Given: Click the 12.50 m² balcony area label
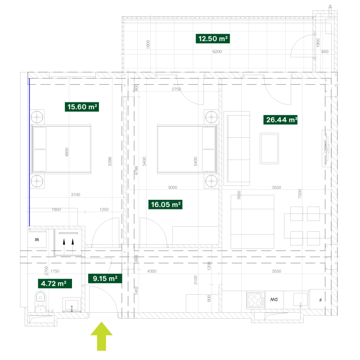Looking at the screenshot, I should click(x=213, y=39).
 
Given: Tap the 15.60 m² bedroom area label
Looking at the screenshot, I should click(x=82, y=107).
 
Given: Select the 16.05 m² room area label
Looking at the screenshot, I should click(x=166, y=205).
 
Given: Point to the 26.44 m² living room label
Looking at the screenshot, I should click(x=281, y=120).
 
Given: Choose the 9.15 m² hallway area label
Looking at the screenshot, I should click(x=105, y=279).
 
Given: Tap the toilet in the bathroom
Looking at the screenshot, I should click(x=41, y=300).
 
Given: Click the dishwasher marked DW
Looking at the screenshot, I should click(x=273, y=300).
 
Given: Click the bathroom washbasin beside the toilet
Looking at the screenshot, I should click(x=72, y=304).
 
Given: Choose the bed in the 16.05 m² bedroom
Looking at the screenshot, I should click(x=187, y=149).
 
